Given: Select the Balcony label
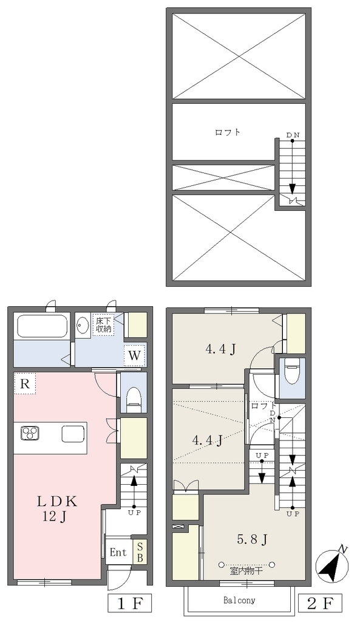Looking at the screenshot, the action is click(x=239, y=600).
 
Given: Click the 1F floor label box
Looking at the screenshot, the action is click(x=131, y=604).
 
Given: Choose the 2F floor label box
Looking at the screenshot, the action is click(x=319, y=604).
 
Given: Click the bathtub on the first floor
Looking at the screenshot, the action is click(x=42, y=326).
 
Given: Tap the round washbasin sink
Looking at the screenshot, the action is click(x=83, y=326).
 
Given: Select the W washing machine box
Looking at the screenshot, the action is click(x=135, y=355).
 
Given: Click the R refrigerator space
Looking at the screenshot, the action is click(x=25, y=384).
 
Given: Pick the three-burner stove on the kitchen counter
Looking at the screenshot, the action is click(x=30, y=432).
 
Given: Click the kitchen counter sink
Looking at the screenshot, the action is click(x=73, y=433).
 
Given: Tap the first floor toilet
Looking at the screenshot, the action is click(x=134, y=398).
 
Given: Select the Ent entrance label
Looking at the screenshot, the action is click(x=118, y=552).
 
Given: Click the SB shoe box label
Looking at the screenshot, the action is click(x=140, y=552).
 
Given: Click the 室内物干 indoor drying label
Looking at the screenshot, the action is click(x=246, y=572).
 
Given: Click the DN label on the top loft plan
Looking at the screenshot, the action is click(x=293, y=135).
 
